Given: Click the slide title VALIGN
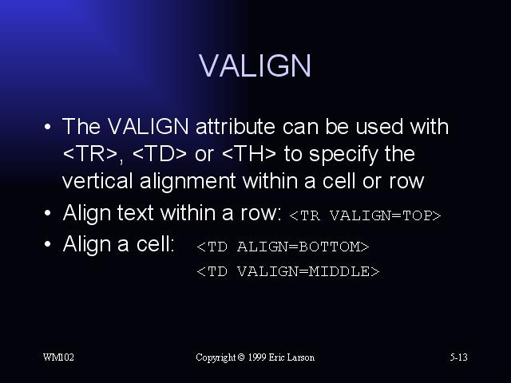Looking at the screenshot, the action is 255,65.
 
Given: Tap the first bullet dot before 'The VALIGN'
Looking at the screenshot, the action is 48,126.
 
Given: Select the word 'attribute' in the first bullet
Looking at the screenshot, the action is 236,126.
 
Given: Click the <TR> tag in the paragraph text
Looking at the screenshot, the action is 90,154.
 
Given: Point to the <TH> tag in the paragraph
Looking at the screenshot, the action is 248,154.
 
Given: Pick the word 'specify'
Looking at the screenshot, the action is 343,155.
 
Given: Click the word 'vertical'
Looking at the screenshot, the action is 97,181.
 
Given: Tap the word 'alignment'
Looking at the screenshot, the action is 188,182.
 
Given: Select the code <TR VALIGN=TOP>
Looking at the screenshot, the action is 365,215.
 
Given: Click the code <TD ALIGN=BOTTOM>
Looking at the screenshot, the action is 283,247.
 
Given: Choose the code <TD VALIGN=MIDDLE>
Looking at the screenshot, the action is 288,271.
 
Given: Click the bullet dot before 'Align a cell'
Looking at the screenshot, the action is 48,243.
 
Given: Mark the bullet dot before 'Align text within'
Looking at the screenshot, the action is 48,213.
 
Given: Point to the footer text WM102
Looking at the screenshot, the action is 58,357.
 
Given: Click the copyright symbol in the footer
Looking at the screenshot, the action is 241,357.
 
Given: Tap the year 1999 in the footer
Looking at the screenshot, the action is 257,357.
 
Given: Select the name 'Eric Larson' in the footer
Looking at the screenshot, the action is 291,357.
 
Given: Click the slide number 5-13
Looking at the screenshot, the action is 459,357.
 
